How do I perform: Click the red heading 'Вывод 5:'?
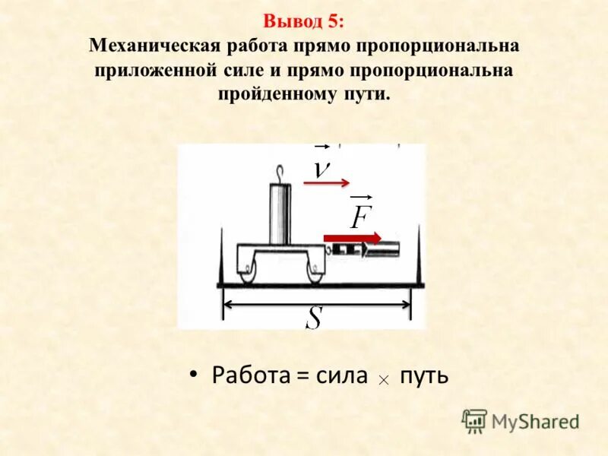coord(303,21)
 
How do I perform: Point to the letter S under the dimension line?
coord(313,318)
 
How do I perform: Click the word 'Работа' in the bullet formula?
coord(246,375)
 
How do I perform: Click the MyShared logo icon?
coord(474,420)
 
